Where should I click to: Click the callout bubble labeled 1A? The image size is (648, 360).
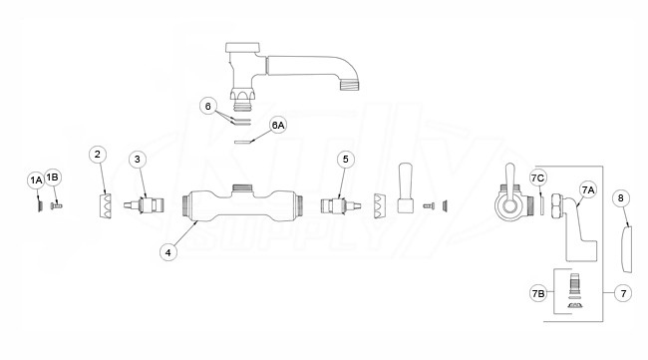36,180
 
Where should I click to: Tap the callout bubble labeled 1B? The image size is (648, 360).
53,178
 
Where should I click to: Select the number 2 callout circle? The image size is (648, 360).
98,155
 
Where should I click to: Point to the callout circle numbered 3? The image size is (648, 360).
138,160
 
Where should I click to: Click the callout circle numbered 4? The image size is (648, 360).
168,252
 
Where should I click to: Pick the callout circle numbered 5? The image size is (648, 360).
346,160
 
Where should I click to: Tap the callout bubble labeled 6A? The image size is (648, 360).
278,125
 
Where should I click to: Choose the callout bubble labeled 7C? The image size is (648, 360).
538,179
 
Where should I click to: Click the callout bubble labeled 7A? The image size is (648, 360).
587,189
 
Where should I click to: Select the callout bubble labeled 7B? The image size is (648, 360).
538,293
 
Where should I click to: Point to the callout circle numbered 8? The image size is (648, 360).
620,198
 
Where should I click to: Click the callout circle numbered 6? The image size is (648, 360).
208,107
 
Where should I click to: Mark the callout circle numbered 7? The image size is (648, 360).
623,293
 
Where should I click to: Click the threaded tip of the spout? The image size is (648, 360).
350,86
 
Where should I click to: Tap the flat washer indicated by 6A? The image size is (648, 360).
242,143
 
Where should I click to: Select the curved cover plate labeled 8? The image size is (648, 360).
627,249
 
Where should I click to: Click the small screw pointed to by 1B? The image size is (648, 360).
56,205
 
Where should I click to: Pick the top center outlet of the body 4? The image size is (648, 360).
242,188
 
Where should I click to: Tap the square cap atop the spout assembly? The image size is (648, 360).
242,47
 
